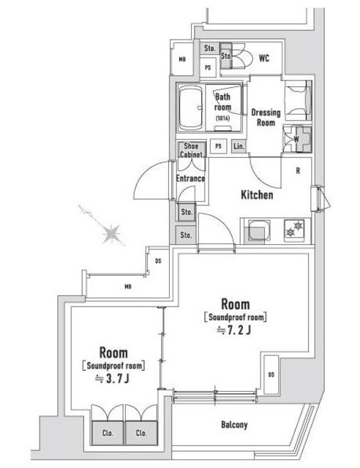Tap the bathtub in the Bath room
coord(193,108)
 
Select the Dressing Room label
coord(265,118)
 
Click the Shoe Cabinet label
coord(191,151)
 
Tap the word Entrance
coord(190,178)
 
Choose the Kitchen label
coord(257,195)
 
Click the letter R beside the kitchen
coord(298,173)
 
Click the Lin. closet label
coord(239,146)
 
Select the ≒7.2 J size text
coord(236,331)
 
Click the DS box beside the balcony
coord(271,376)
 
